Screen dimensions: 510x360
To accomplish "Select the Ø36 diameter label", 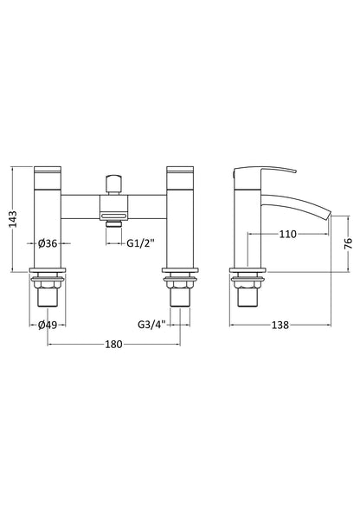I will (x=48, y=244).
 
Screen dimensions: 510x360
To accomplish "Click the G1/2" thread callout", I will (x=140, y=244).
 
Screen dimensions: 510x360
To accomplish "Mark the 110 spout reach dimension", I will (x=287, y=234).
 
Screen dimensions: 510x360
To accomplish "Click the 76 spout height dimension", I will (x=347, y=244).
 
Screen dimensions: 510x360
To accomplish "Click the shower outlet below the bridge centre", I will (x=112, y=222).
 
